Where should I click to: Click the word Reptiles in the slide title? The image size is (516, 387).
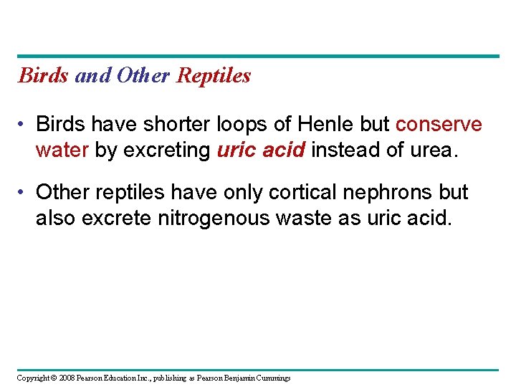(214, 75)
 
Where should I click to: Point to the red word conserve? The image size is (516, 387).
(439, 125)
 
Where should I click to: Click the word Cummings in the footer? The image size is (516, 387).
(272, 378)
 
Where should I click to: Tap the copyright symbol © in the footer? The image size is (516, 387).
(53, 378)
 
